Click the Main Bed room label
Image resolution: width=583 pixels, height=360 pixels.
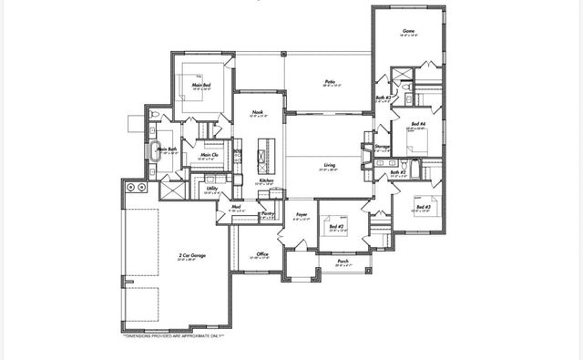click(201, 86)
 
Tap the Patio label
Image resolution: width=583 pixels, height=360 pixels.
click(331, 82)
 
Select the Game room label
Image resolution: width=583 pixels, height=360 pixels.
click(409, 31)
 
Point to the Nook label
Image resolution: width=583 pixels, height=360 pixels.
click(258, 113)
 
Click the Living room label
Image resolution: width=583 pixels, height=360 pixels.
click(328, 166)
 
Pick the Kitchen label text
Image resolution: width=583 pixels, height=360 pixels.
click(266, 180)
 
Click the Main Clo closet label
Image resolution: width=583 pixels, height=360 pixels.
click(209, 155)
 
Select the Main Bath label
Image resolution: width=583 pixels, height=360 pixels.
click(166, 149)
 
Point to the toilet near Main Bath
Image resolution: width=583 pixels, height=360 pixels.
click(155, 113)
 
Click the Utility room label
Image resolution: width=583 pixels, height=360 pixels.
click(211, 189)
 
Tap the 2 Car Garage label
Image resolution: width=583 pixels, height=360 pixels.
click(192, 256)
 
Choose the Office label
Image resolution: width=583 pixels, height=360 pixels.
click(261, 253)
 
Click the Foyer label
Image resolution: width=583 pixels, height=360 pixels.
click(302, 215)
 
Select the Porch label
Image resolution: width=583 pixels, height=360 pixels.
click(343, 261)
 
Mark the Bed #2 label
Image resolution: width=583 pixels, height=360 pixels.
click(336, 226)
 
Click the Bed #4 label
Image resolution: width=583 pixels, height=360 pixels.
click(415, 126)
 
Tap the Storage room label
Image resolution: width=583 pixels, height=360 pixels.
click(383, 146)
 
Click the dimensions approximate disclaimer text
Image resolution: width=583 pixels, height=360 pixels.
click(173, 335)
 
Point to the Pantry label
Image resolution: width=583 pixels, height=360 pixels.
click(268, 214)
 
